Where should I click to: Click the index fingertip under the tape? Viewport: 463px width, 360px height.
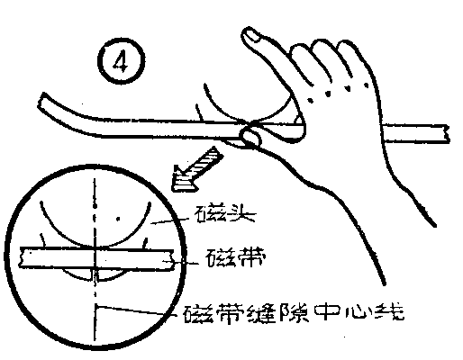coord(251,137)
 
